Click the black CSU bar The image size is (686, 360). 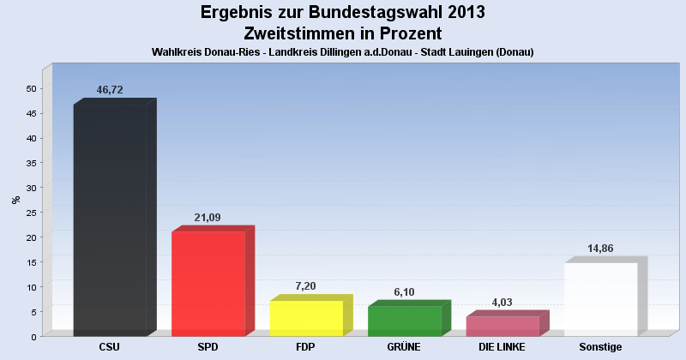(x=110, y=220)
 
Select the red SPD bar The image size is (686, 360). (x=208, y=284)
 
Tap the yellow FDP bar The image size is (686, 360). (x=306, y=318)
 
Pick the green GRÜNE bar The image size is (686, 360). (x=404, y=321)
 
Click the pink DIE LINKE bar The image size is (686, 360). (x=502, y=326)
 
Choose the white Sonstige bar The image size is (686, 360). (x=600, y=299)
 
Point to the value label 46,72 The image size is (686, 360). (x=110, y=89)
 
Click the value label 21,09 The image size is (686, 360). (x=208, y=218)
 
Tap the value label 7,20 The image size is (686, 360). (x=306, y=286)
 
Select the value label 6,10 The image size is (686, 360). (x=404, y=291)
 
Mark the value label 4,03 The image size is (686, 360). (x=502, y=302)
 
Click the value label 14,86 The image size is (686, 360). (x=600, y=249)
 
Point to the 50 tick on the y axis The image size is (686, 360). (x=31, y=88)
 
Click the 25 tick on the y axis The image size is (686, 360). (x=31, y=213)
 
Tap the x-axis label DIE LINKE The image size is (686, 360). (x=502, y=347)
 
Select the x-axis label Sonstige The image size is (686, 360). (x=600, y=347)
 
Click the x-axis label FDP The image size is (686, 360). (x=306, y=347)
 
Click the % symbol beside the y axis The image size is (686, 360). (x=15, y=200)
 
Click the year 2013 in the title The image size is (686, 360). (x=460, y=13)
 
